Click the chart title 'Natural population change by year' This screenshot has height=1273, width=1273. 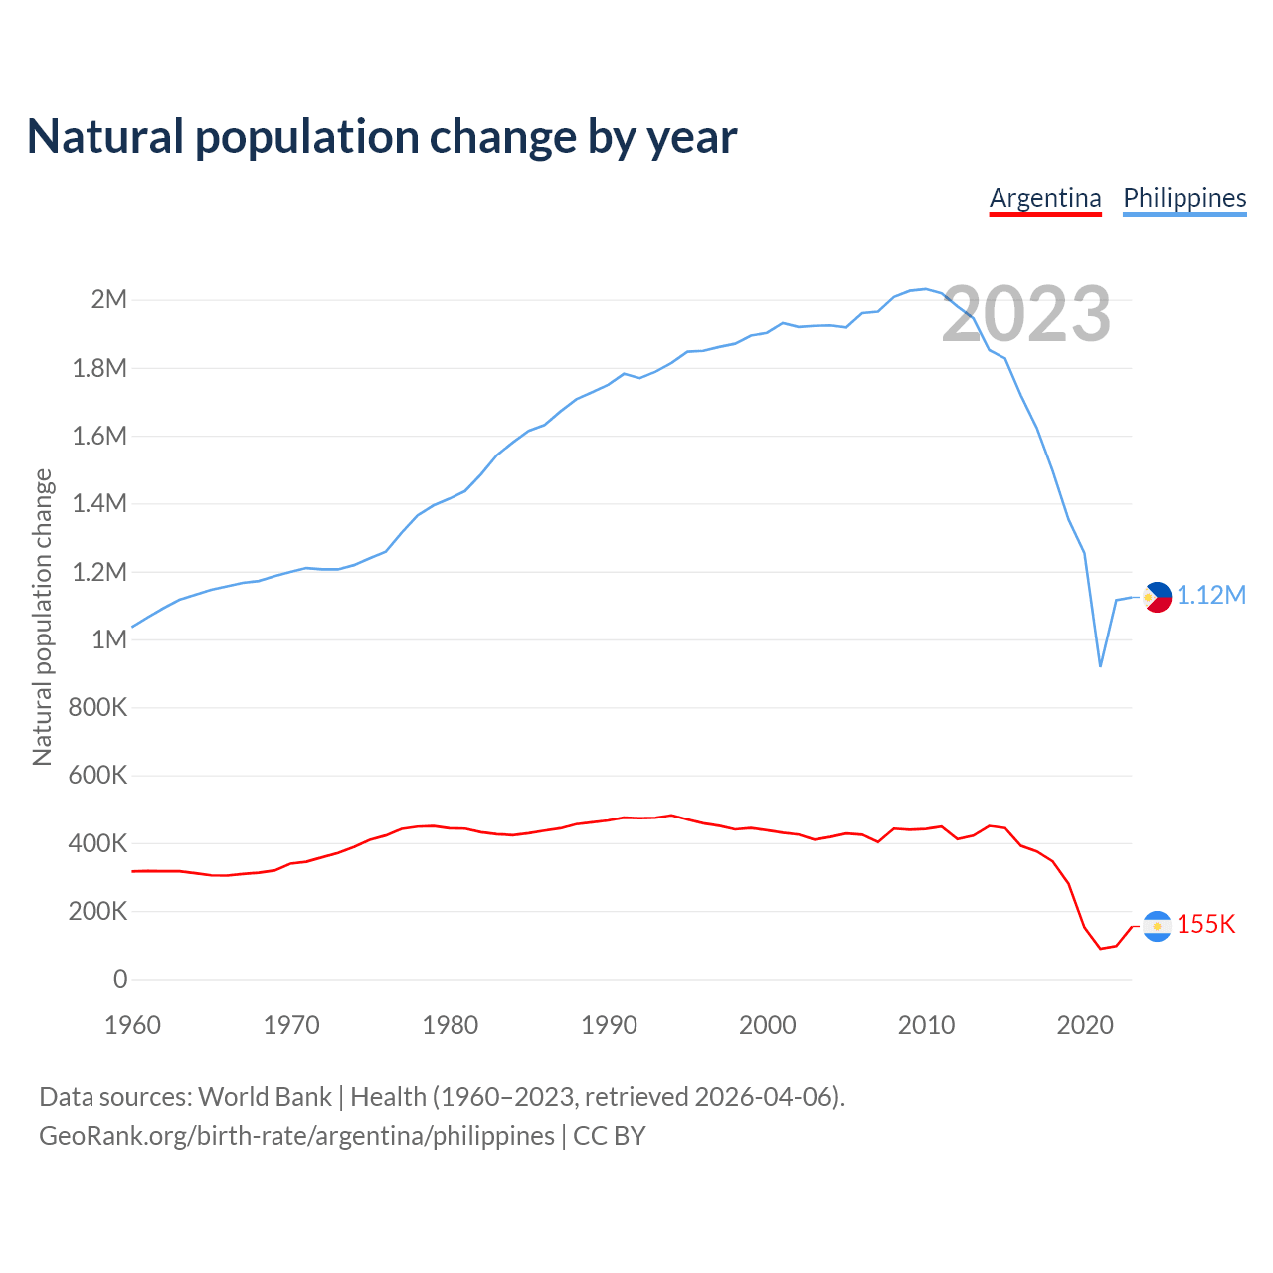click(382, 137)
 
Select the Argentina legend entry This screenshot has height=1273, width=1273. click(1045, 198)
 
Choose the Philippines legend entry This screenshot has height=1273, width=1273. click(1184, 198)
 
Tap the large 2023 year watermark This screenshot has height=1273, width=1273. click(1026, 314)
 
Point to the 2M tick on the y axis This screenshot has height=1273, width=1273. click(109, 299)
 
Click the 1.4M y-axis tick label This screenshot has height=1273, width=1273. click(100, 503)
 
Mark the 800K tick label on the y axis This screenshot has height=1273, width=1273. click(98, 707)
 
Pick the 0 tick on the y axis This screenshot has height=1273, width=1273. click(120, 979)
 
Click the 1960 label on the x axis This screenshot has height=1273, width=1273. click(132, 1025)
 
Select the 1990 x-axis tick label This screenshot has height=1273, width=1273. click(609, 1025)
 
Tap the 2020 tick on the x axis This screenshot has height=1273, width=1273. click(1085, 1025)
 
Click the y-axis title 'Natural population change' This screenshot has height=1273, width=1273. click(42, 618)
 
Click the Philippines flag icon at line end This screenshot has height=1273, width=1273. click(1157, 597)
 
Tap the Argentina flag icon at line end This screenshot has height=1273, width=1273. click(1157, 926)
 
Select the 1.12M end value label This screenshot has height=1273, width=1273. click(1211, 595)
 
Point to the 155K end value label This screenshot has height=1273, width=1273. click(1206, 924)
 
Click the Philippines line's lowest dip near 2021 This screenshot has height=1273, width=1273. click(1100, 665)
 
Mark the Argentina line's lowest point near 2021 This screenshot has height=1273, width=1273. click(1101, 948)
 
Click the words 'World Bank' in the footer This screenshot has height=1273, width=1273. click(265, 1096)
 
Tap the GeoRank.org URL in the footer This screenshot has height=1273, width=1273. click(296, 1135)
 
